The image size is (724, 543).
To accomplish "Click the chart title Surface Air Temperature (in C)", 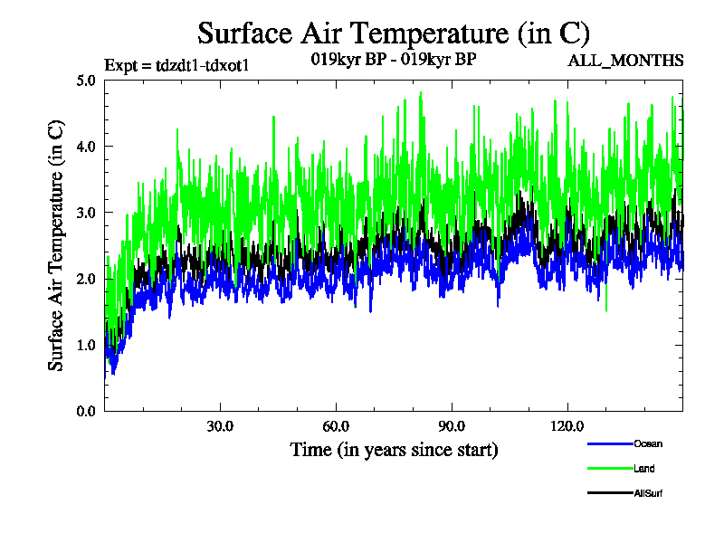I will click(394, 33).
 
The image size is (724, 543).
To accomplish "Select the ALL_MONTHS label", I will click(625, 61).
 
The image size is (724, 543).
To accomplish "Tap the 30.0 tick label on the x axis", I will click(220, 426).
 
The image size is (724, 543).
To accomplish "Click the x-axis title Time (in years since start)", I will click(394, 450).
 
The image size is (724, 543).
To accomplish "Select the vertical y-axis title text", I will click(56, 244).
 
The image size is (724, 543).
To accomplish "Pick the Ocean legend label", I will click(647, 444).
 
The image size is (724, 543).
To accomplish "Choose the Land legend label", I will click(644, 469).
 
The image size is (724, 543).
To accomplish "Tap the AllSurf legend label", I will click(649, 493).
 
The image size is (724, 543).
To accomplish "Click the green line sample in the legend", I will click(608, 469).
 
